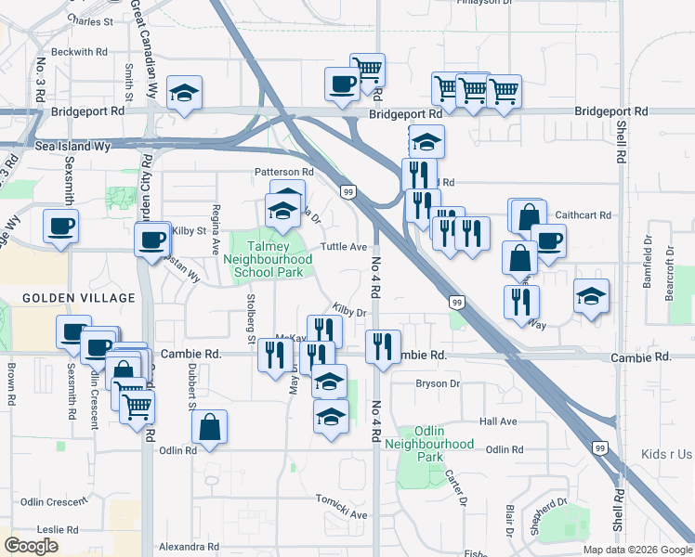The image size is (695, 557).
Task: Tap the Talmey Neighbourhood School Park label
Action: (x=268, y=260)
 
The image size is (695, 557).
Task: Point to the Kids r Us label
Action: (x=666, y=455)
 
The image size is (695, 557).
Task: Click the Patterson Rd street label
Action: (x=284, y=172)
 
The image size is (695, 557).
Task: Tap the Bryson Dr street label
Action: (x=438, y=383)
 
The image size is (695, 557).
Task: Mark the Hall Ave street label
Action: (x=497, y=421)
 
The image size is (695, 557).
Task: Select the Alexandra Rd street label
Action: (x=189, y=548)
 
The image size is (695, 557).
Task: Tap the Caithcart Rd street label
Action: (x=583, y=214)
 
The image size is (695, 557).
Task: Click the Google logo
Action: (x=32, y=546)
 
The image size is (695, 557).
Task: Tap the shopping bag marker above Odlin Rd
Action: (x=210, y=428)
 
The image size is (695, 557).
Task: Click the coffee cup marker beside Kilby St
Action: (x=152, y=240)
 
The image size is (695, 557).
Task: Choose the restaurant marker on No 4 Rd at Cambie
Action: (x=383, y=347)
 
